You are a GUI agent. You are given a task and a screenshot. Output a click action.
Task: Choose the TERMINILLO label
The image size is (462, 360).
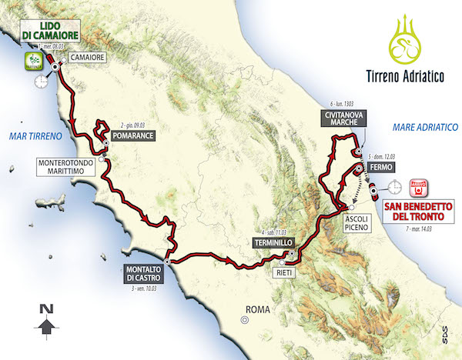pos(269,242)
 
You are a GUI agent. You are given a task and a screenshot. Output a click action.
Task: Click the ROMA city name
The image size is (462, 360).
pos(256,311)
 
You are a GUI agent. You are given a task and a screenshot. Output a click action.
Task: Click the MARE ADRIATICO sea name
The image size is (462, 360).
pos(424,126)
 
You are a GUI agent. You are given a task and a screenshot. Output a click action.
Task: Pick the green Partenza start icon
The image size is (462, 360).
pos(33,60)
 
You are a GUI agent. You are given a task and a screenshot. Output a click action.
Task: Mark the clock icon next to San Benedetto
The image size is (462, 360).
pos(394,186)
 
